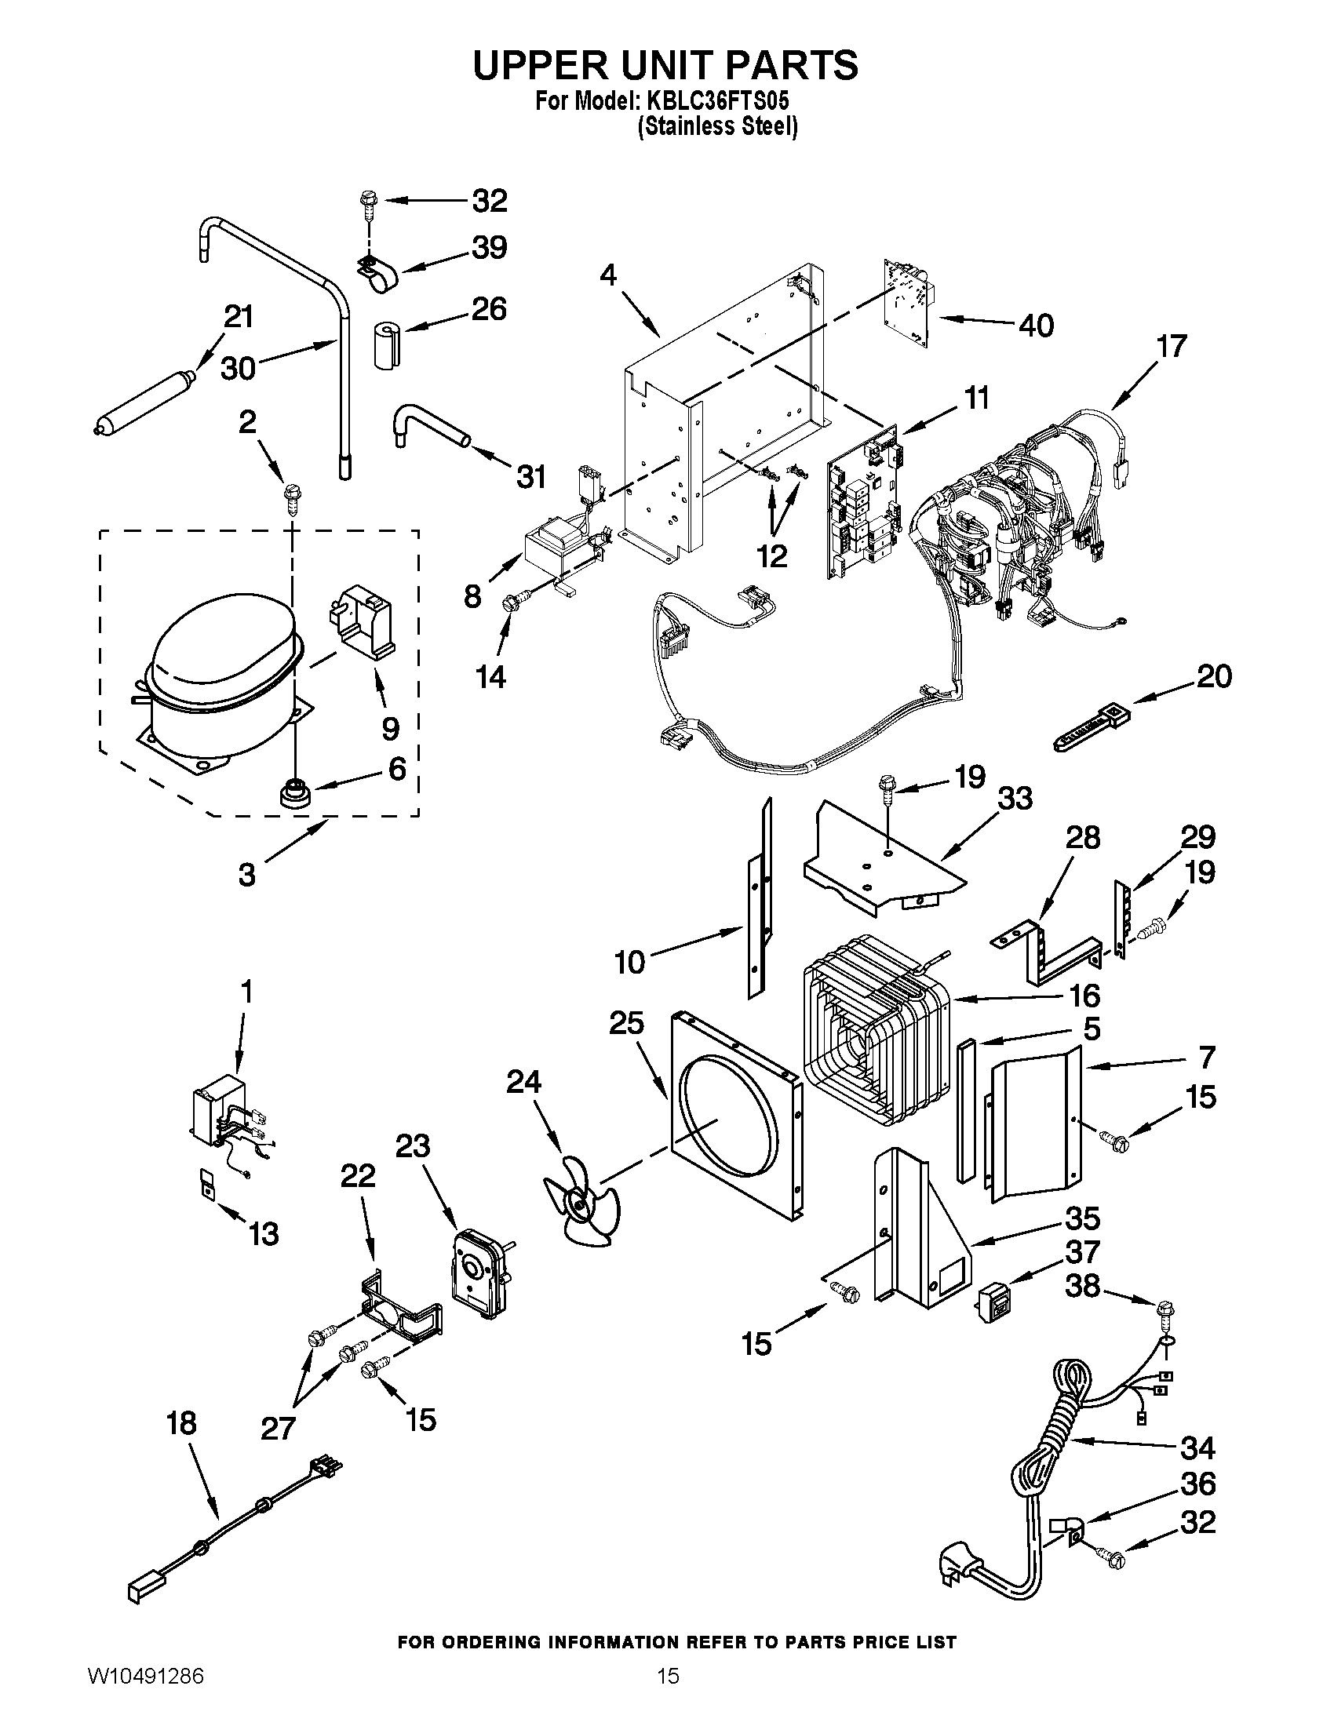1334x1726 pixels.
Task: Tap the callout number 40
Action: [1036, 325]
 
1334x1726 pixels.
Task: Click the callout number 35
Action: [1082, 1218]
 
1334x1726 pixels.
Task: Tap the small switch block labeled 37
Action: [995, 1305]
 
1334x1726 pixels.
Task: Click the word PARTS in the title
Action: [789, 65]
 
